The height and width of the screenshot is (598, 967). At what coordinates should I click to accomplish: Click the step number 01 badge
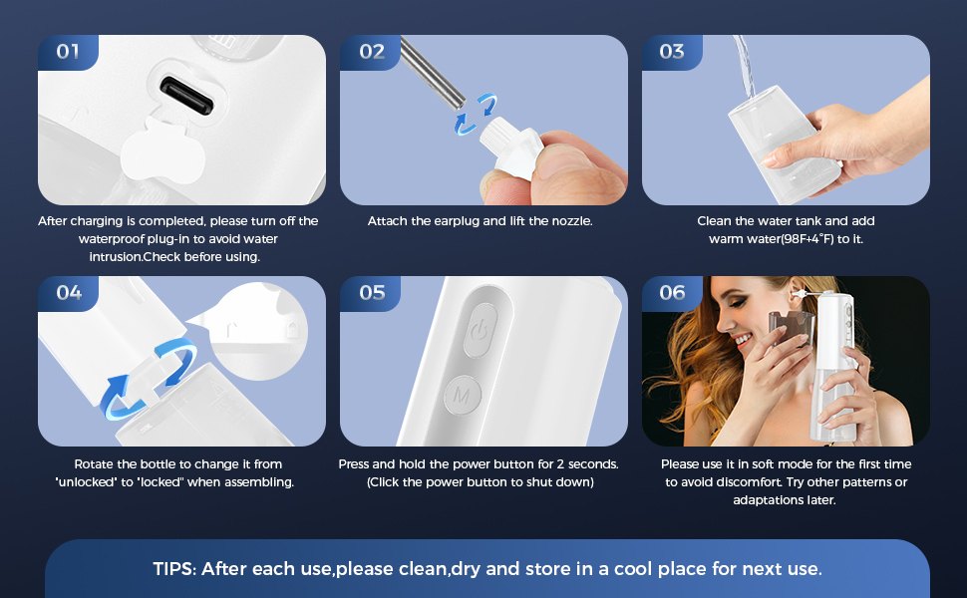pos(68,52)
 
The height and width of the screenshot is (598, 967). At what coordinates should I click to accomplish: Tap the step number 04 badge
pos(68,293)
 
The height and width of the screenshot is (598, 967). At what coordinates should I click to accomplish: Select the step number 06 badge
pos(672,293)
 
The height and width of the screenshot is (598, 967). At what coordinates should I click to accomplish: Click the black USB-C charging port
pos(186,95)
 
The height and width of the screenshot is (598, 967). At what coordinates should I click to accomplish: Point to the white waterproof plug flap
pos(162,151)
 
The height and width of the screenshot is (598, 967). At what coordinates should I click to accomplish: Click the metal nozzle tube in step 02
pos(433,72)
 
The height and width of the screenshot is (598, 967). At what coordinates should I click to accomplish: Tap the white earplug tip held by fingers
pos(511,148)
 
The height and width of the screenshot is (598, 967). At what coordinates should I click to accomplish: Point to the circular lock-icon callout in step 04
pos(258,331)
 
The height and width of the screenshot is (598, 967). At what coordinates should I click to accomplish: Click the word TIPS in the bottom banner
pos(174,568)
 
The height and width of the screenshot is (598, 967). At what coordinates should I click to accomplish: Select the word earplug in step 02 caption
pos(457,221)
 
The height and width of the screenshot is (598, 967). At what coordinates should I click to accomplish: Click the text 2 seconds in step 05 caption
pos(588,464)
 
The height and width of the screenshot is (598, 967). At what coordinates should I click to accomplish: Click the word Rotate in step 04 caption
pos(94,464)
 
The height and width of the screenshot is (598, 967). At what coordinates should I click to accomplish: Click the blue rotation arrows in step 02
pos(475,114)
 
